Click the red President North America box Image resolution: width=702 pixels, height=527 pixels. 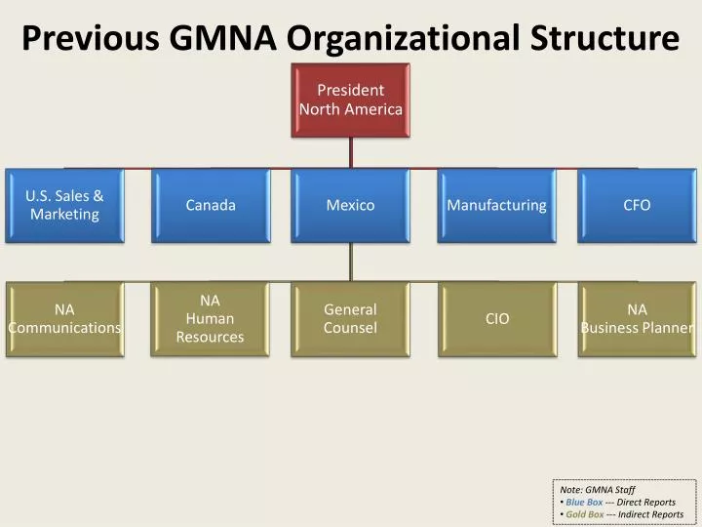[x=350, y=101]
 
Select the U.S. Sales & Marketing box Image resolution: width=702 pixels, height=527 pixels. [x=64, y=205]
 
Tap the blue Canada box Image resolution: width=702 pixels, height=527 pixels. [x=211, y=205]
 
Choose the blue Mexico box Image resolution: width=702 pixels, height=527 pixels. [x=350, y=205]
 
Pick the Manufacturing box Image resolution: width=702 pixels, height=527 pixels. [x=496, y=205]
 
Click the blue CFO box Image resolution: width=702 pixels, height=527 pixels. [x=637, y=205]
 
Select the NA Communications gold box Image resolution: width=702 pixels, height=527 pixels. [x=64, y=319]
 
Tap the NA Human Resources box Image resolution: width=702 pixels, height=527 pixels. [x=211, y=319]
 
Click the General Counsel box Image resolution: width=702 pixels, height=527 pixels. [x=350, y=319]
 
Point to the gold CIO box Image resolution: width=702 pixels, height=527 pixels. [x=496, y=319]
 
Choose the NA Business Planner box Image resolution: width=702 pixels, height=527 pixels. [x=637, y=319]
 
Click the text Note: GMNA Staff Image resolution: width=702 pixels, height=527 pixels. [x=597, y=489]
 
